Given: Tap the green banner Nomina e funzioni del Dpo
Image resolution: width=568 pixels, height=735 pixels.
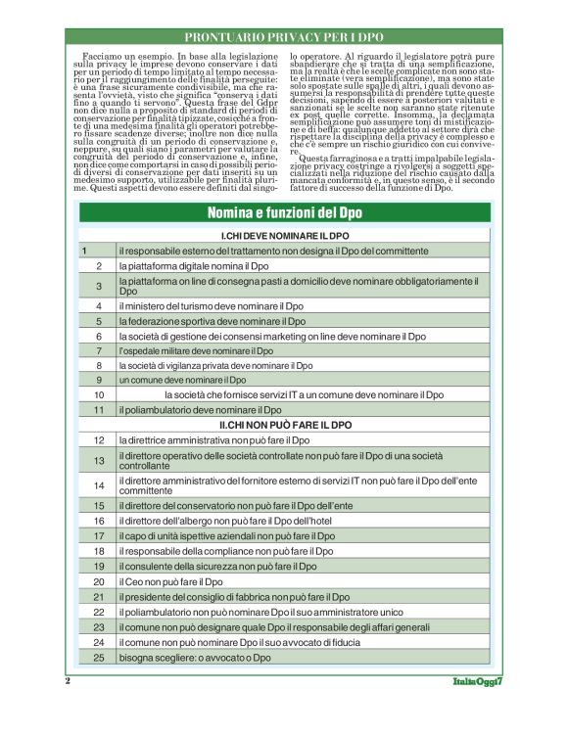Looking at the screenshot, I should tap(284, 213).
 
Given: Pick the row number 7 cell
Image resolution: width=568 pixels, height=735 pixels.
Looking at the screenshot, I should tap(99, 349).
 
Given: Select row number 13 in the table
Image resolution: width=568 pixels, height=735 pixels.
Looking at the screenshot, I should tap(99, 461).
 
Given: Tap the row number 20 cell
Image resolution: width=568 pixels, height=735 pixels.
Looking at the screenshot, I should tap(99, 581).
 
